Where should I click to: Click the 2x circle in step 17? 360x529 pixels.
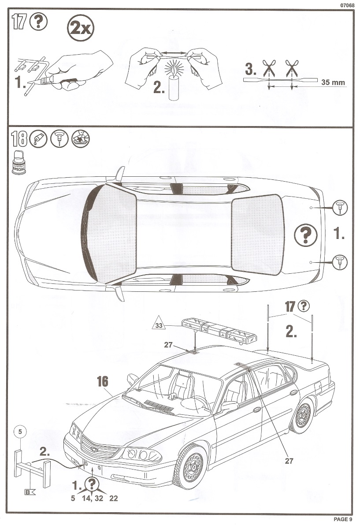pos(81,29)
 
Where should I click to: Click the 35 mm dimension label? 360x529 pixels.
pos(333,82)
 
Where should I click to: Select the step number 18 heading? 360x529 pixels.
pos(19,140)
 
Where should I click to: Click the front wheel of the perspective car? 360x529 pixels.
pos(191,466)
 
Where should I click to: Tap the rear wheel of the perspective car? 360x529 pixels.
pos(303,416)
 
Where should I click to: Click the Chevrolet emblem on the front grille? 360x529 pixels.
pos(93,449)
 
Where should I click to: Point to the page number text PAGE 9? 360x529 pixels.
pos(343,519)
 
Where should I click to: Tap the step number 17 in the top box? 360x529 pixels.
pos(18,22)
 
